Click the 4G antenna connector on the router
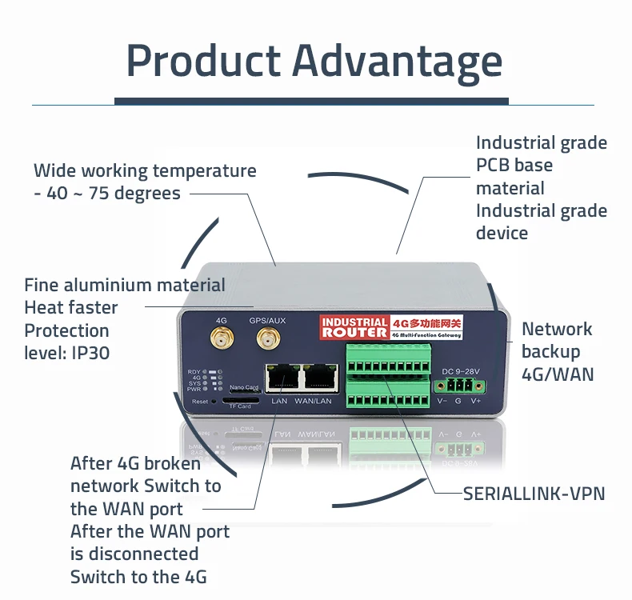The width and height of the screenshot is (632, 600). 221,340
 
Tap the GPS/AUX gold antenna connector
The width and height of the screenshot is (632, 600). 266,340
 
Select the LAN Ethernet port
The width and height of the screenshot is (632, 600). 282,378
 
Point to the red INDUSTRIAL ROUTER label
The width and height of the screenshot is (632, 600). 354,326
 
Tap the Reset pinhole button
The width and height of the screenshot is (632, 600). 213,402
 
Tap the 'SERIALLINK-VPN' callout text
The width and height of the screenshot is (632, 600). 534,494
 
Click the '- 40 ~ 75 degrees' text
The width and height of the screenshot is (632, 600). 107,194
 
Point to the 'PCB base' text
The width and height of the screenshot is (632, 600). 514,166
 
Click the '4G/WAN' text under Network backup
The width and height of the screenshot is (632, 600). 557,374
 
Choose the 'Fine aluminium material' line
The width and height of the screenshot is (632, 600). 124,285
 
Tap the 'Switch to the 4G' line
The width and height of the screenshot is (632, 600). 138,577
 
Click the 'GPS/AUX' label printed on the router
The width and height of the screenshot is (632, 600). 267,320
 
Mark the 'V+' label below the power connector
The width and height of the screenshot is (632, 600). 475,401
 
